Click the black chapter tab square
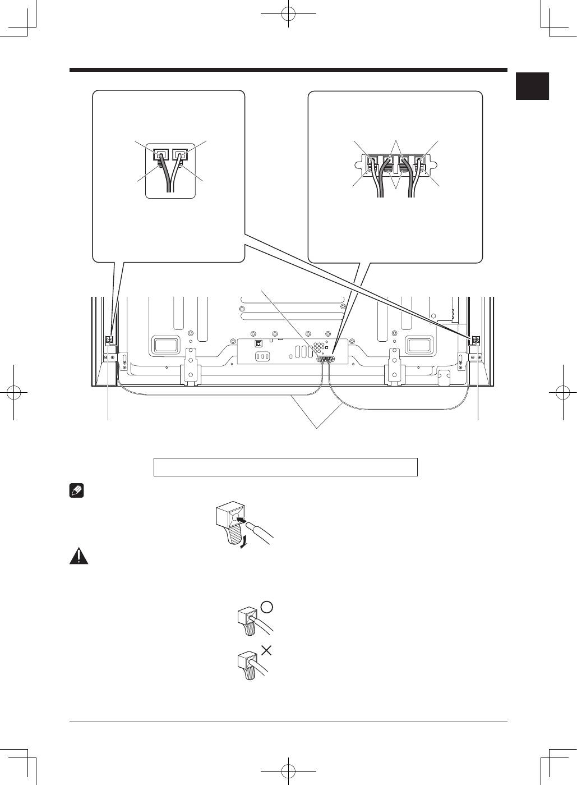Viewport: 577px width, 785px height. coord(532,86)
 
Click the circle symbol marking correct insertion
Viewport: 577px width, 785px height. coord(267,608)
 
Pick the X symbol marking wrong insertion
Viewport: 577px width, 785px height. coord(267,650)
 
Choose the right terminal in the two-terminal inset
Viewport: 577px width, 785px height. coord(179,154)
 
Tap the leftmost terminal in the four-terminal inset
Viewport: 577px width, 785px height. coord(371,163)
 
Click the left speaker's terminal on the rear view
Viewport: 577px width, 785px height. coord(109,340)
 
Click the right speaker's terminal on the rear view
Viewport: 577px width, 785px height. coord(476,340)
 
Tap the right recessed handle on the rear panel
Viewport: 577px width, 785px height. coord(419,345)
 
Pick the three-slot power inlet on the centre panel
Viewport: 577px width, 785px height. coord(262,357)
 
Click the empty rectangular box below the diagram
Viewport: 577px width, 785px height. coord(285,467)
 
